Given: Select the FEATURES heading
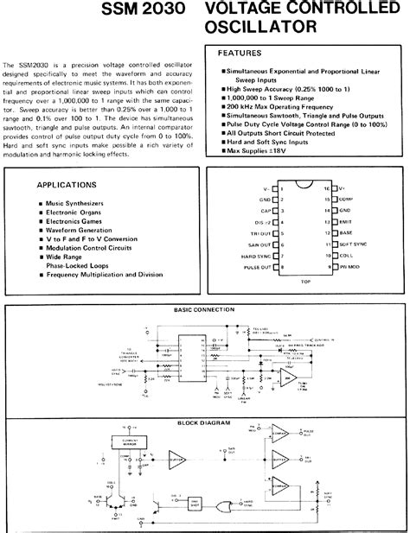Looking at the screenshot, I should click(x=239, y=54).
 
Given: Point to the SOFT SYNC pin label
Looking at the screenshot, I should click(x=351, y=244).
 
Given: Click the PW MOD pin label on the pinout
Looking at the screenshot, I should click(x=349, y=268).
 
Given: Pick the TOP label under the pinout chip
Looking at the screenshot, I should click(x=304, y=282).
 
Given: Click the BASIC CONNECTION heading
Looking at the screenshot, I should click(x=204, y=308).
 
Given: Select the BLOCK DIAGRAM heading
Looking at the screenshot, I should click(x=204, y=422).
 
